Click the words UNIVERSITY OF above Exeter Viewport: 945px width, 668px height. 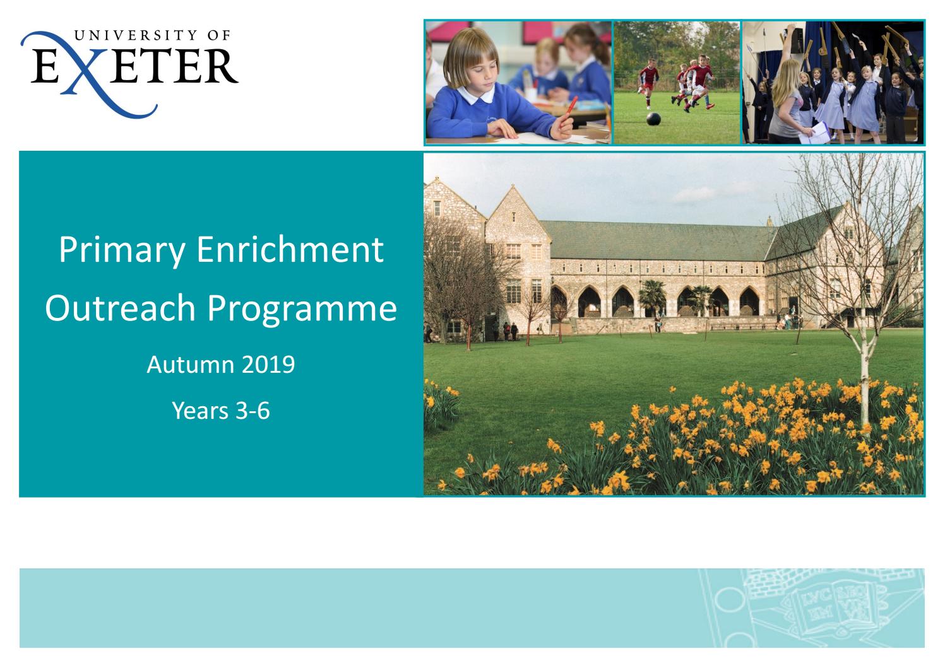154,36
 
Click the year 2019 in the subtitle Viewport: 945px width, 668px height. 271,365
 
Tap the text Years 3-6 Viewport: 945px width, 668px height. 221,411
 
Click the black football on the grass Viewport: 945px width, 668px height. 653,118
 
